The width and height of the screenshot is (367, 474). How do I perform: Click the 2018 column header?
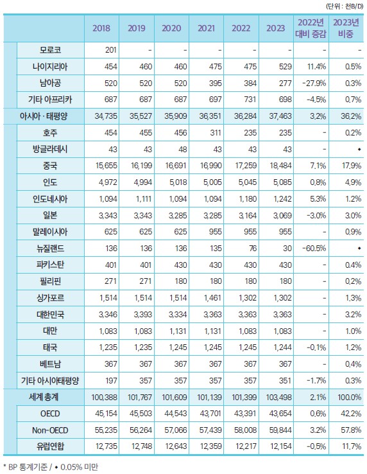tap(101, 28)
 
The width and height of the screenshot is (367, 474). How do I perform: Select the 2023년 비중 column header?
tap(346, 28)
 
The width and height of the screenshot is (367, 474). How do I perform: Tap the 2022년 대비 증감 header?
tap(311, 28)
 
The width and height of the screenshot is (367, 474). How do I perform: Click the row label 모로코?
tap(50, 50)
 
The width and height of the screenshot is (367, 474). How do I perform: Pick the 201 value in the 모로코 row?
tap(111, 50)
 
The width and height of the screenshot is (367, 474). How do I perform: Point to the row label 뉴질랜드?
tap(50, 249)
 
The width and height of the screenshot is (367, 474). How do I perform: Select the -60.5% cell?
tap(314, 249)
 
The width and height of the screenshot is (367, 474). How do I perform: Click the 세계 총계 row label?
tap(44, 397)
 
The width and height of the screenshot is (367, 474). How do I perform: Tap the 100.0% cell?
tap(350, 397)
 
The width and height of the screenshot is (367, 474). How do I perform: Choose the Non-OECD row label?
tap(50, 430)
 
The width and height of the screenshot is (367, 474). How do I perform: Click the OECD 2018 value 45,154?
tap(106, 414)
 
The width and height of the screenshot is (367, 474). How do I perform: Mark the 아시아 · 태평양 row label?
tap(44, 116)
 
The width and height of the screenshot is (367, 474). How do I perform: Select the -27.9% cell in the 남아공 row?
tap(314, 83)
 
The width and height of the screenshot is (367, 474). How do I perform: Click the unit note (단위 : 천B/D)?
tap(345, 6)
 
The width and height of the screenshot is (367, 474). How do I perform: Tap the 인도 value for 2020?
tap(178, 182)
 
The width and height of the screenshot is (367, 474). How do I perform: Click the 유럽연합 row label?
tap(50, 446)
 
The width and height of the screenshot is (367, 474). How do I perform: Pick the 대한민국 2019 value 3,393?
tap(143, 314)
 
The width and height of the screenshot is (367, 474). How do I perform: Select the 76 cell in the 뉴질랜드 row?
tap(253, 249)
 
